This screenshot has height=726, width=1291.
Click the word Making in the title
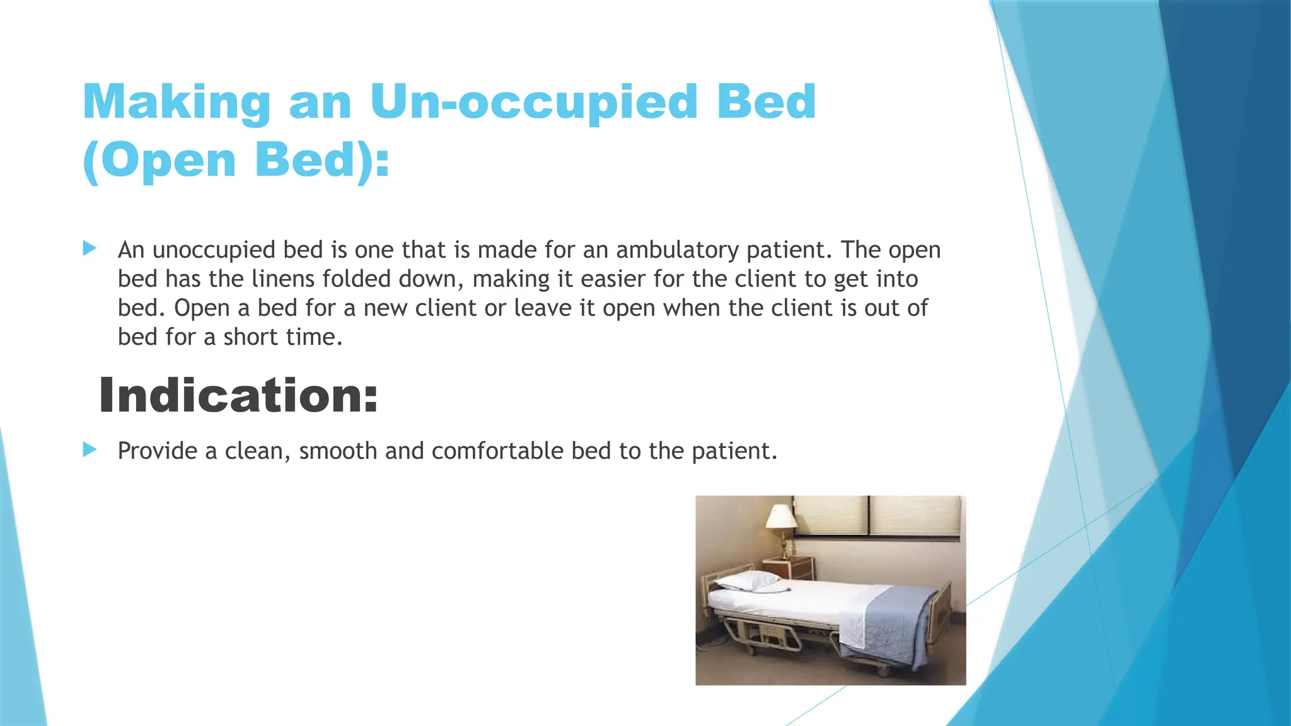(x=177, y=103)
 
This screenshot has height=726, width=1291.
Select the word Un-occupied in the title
(x=533, y=103)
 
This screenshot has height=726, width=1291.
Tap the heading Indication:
(x=238, y=396)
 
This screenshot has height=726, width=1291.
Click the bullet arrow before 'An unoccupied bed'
(x=90, y=248)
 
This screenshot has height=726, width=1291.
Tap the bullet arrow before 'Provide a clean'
(x=90, y=449)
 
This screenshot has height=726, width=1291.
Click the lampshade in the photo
(x=781, y=517)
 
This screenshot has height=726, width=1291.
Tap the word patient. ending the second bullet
(x=734, y=451)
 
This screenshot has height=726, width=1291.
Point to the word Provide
(x=158, y=451)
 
